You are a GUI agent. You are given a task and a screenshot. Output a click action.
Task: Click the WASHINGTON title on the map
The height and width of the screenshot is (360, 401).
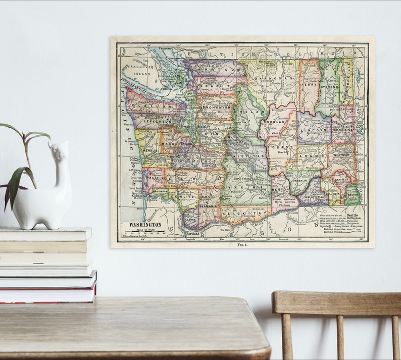click(145, 224)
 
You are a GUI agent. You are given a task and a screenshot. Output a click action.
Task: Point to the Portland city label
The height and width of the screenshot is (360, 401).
click(193, 234)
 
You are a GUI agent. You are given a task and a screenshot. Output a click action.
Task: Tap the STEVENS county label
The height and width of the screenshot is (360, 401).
click(329, 87)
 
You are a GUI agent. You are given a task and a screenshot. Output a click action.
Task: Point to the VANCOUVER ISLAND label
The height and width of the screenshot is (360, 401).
click(140, 70)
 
